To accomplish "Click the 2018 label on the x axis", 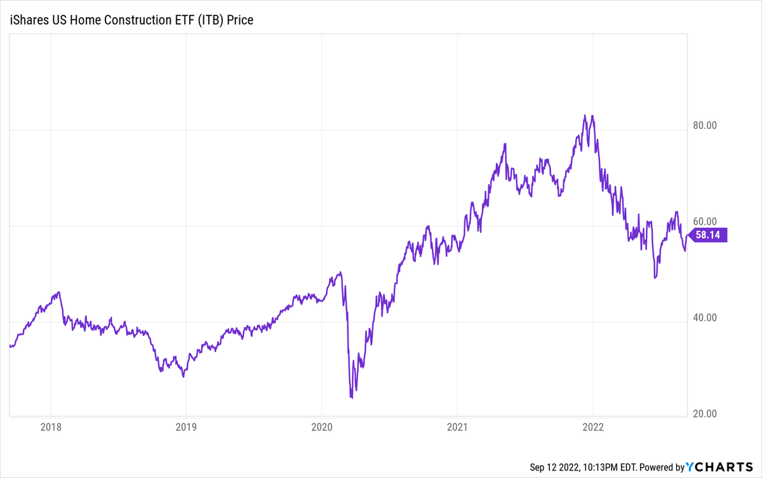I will pyautogui.click(x=50, y=428).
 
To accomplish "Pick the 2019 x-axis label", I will pyautogui.click(x=185, y=428).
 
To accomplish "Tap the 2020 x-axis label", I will pyautogui.click(x=321, y=428).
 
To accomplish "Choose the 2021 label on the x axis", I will pyautogui.click(x=457, y=428).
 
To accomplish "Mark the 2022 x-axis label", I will pyautogui.click(x=592, y=428).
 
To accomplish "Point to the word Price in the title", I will pyautogui.click(x=240, y=20).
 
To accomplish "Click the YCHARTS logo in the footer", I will pyautogui.click(x=723, y=467).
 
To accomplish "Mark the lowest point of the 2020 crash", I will pyautogui.click(x=351, y=398).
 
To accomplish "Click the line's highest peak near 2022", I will pyautogui.click(x=584, y=116).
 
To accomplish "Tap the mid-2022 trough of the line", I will pyautogui.click(x=655, y=278).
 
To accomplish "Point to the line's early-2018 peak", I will pyautogui.click(x=59, y=292).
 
